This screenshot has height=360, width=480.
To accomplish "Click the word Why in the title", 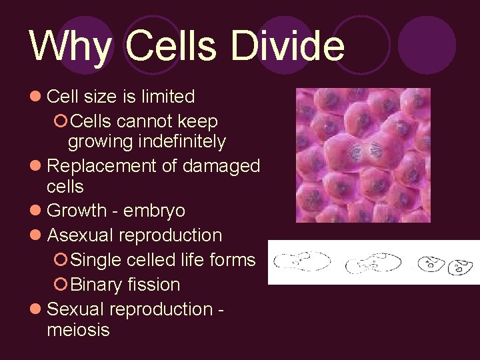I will (x=71, y=47).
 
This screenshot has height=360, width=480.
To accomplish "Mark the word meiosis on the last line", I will (x=78, y=329).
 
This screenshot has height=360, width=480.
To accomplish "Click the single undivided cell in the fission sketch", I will (x=303, y=261).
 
